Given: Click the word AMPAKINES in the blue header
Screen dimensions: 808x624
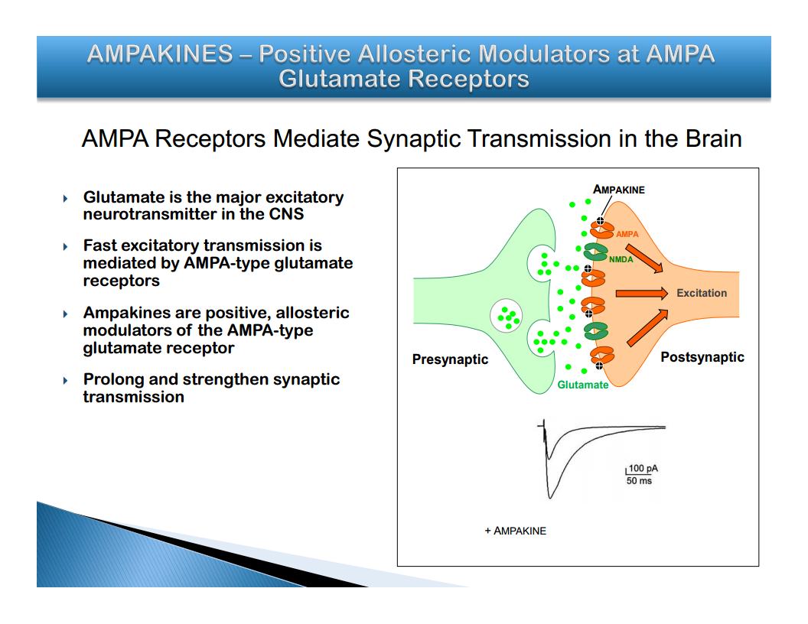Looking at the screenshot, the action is [x=160, y=54].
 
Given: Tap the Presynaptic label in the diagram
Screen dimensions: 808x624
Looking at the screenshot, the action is [x=451, y=359].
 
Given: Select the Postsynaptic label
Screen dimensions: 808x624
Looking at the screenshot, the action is [x=702, y=357].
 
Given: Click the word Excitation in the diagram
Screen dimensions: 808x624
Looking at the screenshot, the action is [x=702, y=293].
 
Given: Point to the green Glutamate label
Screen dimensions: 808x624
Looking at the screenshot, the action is [x=583, y=385].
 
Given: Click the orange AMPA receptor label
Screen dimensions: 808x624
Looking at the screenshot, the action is [x=627, y=234].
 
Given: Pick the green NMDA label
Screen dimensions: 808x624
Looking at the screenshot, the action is [x=621, y=259].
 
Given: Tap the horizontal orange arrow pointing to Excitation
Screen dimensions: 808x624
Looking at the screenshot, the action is [x=641, y=294].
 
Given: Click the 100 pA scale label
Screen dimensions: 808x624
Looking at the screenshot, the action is [x=643, y=469].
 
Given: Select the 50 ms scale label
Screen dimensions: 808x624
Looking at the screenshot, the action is [x=639, y=481].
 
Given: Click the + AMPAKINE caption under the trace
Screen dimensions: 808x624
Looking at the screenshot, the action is [x=515, y=531].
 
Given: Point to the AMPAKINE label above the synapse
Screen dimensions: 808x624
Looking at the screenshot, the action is [x=618, y=190].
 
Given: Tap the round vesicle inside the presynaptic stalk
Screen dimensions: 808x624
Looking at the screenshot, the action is [x=506, y=316].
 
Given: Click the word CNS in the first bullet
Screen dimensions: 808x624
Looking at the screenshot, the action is [x=286, y=214].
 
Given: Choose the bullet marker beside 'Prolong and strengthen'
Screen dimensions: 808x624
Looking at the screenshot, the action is [x=66, y=381].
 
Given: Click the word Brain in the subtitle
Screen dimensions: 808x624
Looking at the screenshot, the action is [x=713, y=138].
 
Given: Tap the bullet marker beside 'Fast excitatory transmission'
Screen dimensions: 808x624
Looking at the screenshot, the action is [x=66, y=247].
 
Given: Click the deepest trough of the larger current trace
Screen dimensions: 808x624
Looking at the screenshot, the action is [x=550, y=498].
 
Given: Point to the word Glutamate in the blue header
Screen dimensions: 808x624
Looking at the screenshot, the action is [x=338, y=80].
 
